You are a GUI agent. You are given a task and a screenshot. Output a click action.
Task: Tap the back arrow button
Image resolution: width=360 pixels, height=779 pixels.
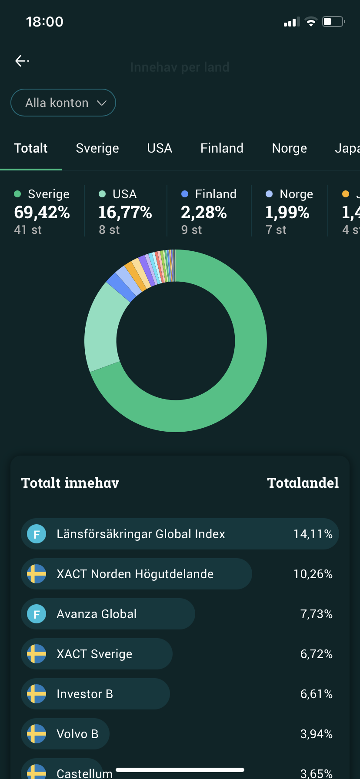(22, 61)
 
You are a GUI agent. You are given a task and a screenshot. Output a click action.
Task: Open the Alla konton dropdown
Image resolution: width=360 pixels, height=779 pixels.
(63, 103)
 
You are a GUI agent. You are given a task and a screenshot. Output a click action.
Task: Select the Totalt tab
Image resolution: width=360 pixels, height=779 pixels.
(31, 148)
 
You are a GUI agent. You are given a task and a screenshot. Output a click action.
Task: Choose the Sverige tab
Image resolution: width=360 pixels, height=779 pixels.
(97, 148)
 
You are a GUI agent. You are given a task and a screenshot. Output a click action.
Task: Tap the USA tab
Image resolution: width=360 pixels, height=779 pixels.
(160, 148)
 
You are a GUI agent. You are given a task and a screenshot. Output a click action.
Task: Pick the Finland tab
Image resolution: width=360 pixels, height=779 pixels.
(222, 148)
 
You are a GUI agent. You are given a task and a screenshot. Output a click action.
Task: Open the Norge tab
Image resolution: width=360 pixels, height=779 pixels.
(289, 148)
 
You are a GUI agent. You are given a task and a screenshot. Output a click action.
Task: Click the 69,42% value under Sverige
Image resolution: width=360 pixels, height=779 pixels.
(42, 213)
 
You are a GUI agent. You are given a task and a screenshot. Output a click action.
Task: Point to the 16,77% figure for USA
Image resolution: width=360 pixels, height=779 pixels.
(125, 213)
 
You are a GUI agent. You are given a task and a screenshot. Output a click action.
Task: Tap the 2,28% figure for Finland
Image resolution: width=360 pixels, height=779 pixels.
(204, 213)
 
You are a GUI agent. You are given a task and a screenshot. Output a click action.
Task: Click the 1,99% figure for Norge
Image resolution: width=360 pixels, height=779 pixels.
(287, 213)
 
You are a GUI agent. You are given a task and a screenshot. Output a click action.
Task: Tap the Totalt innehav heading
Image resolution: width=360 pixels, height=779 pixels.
(70, 483)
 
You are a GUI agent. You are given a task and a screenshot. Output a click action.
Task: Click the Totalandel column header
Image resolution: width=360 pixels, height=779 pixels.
(303, 483)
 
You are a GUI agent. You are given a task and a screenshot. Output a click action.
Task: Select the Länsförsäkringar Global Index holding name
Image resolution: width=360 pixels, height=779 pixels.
(141, 534)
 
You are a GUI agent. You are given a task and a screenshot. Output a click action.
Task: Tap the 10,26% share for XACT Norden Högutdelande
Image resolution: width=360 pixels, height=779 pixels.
(313, 574)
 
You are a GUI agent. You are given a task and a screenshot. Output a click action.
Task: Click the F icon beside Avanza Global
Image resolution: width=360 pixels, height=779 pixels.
(37, 614)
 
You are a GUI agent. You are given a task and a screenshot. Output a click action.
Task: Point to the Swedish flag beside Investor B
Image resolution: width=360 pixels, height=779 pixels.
(37, 694)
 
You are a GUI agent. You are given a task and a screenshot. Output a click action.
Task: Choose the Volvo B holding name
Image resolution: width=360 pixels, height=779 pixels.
(77, 734)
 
